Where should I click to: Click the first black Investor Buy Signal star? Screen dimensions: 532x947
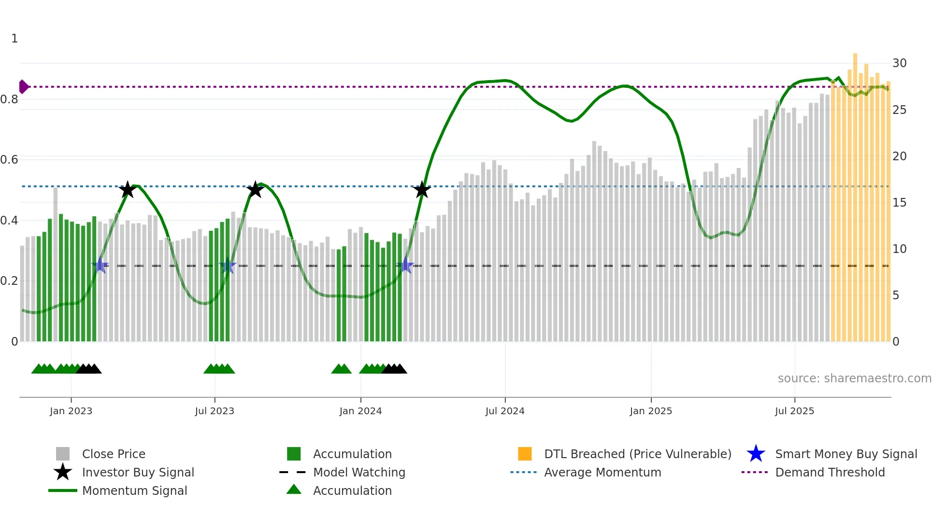coord(127,190)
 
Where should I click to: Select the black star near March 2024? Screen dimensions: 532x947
coord(422,190)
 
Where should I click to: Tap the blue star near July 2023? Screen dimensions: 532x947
coord(227,266)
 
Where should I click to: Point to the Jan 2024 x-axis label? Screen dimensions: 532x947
coord(360,411)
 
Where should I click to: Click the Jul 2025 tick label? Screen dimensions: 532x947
coord(794,411)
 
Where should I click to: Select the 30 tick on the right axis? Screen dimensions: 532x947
coord(899,63)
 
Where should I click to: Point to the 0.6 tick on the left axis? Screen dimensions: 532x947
coord(9,160)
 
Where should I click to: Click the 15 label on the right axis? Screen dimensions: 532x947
coord(899,203)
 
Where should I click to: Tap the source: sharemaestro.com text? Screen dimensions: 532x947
coord(854,378)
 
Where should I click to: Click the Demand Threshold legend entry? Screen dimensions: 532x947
coord(830,472)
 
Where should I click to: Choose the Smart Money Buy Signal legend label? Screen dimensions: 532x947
coord(846,454)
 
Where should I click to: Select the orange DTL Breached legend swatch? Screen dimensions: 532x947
coord(525,454)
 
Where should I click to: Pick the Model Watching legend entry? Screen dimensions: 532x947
coord(359,472)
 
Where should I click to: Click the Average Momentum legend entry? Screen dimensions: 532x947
coord(602,472)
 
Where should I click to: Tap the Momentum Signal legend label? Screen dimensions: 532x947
coord(134,490)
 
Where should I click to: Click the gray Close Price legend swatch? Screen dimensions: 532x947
coord(63,454)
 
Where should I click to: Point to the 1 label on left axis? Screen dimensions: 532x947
coord(14,39)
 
